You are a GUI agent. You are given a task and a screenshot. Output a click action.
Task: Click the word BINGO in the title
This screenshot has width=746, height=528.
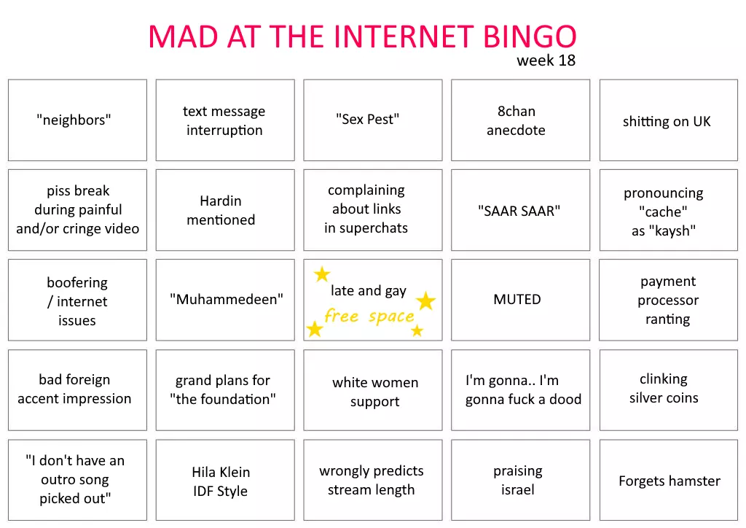pos(530,36)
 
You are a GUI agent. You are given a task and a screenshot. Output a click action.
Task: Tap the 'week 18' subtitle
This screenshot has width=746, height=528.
pos(546,61)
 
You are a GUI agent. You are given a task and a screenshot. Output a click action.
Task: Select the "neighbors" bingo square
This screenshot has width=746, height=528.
pos(77,120)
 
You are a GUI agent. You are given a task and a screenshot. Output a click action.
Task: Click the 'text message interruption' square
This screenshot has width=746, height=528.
pos(225,120)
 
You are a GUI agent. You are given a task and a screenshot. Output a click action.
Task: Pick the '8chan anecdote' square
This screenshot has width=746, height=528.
pos(520,120)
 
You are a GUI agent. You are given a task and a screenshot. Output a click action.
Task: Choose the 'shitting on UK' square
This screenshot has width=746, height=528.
pos(669,120)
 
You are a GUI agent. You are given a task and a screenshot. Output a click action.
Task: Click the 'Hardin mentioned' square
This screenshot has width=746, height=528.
pos(225,210)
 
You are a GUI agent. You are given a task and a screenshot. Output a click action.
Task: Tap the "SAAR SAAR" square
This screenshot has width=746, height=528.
pos(520,210)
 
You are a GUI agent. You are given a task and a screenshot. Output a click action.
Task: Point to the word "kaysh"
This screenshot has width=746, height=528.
pos(672,231)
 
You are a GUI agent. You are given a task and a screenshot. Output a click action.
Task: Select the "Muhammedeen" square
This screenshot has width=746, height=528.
pos(225,300)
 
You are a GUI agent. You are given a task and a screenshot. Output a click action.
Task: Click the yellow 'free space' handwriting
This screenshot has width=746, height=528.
pos(369,316)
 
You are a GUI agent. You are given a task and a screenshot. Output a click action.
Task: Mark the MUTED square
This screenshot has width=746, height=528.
pos(520,300)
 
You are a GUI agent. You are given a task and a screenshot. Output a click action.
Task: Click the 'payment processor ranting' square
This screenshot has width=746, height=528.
pos(669,300)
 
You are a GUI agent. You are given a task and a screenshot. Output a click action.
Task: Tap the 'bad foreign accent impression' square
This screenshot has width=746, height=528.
pos(77,390)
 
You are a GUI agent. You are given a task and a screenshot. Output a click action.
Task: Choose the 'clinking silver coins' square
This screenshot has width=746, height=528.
pos(669,390)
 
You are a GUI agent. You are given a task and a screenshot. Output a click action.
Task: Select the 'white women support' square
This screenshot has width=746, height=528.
pos(373,390)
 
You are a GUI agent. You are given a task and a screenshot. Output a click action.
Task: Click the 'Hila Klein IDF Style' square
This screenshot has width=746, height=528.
pos(225,480)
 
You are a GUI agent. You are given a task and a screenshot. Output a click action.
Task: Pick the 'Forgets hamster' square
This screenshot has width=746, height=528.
pos(669,480)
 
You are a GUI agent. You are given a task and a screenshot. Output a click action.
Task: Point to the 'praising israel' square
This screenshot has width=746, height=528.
pos(520,480)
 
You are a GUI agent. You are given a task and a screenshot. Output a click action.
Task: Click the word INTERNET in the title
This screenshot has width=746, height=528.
pos(404,36)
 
